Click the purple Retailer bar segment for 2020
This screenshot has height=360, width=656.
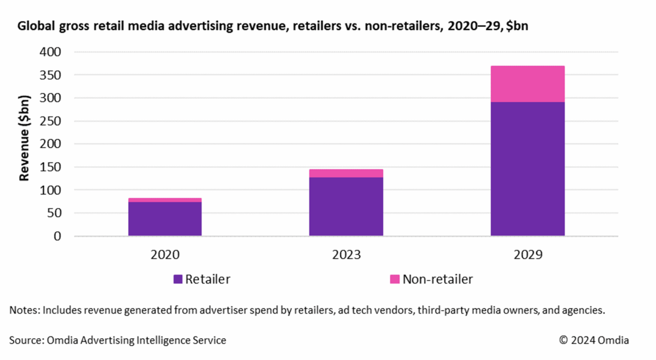pos(165,219)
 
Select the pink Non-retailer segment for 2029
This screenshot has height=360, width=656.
pos(527,84)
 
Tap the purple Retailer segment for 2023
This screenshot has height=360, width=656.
pos(346,207)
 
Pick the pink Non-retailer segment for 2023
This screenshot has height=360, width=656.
pos(346,173)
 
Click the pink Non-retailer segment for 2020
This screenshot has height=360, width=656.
pos(165,200)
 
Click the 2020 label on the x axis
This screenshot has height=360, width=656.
pos(165,255)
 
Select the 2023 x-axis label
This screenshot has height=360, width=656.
pos(346,255)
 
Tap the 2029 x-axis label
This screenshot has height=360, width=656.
pos(527,255)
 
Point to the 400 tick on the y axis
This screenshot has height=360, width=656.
pos(50,52)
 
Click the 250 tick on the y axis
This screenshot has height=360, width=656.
pos(50,121)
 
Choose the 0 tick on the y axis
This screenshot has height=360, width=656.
pos(57,236)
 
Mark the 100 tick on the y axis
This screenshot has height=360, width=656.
pos(50,190)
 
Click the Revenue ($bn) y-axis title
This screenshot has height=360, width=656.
pos(24,137)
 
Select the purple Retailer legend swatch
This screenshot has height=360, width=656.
pos(178,279)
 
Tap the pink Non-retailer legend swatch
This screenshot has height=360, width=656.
pos(394,279)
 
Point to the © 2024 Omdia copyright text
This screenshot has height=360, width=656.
pos(594,340)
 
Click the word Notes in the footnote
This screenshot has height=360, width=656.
pos(23,310)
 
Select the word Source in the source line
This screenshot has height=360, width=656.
pos(25,340)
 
